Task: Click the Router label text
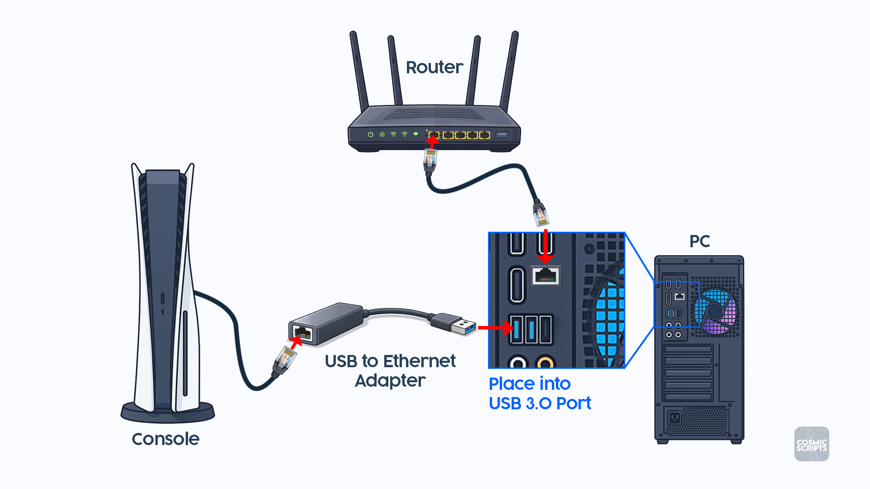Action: click(x=434, y=67)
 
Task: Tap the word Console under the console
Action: click(x=165, y=439)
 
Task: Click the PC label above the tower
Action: click(x=699, y=241)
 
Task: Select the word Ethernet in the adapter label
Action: click(x=419, y=361)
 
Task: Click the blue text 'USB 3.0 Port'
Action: click(x=540, y=403)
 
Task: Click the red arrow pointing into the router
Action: click(x=432, y=142)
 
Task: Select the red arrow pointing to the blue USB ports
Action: click(x=495, y=327)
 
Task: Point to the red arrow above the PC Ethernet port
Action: click(x=546, y=247)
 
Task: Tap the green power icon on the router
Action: click(x=370, y=134)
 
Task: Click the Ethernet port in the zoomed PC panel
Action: click(x=546, y=275)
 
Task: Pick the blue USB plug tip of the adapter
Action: click(x=469, y=327)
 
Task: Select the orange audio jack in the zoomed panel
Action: click(x=545, y=363)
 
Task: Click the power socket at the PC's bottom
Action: click(x=674, y=417)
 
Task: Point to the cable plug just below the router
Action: click(x=430, y=162)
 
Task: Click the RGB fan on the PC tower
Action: click(x=716, y=312)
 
